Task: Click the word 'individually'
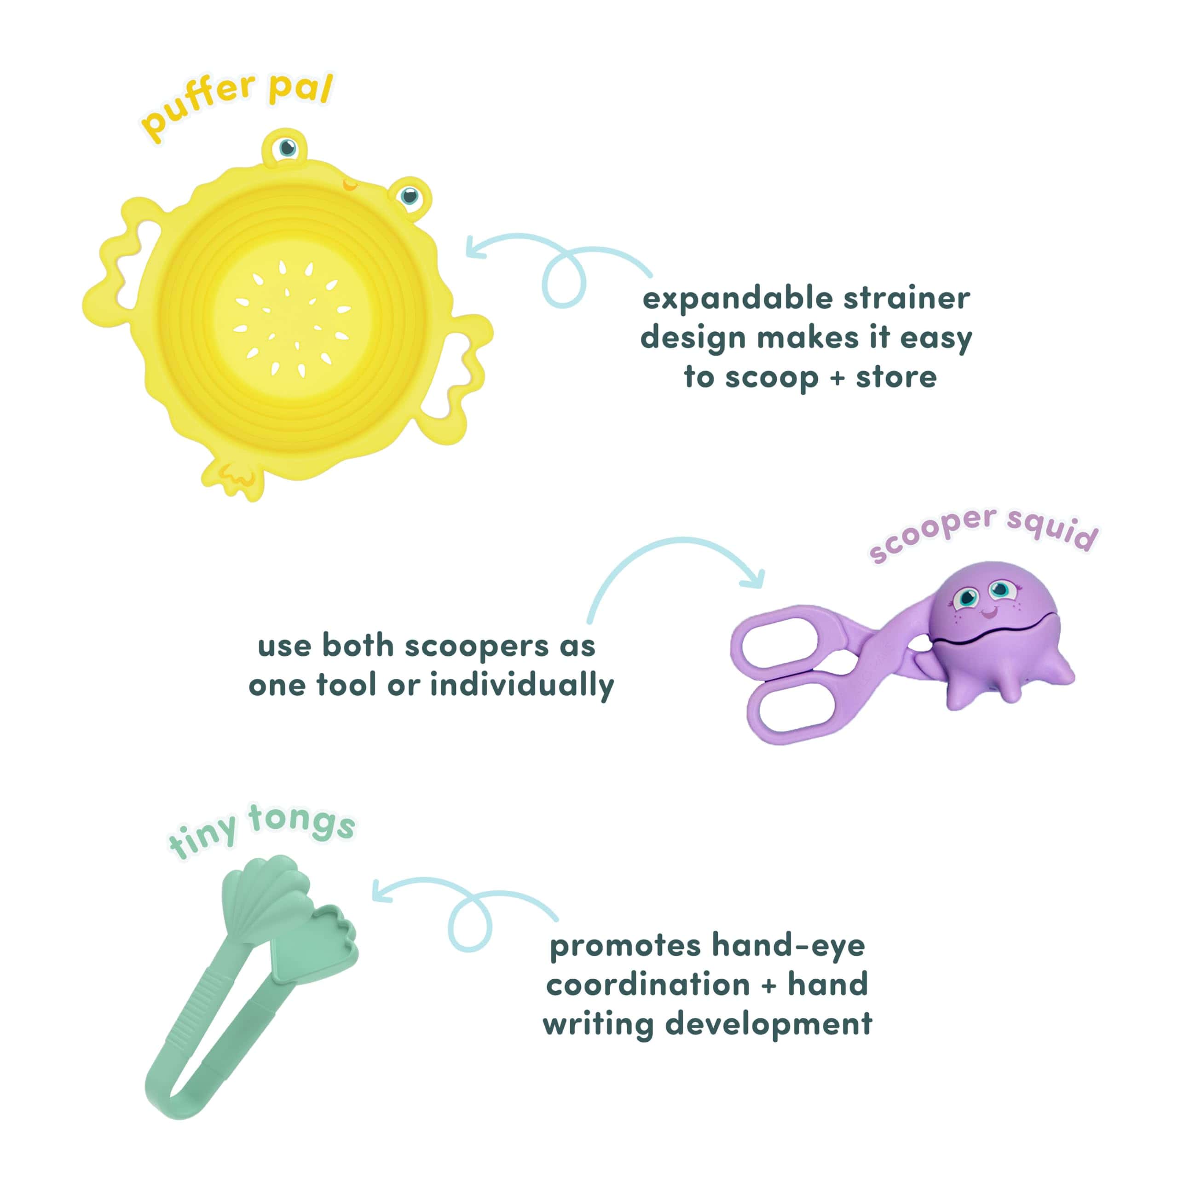[522, 685]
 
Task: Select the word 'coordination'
[647, 985]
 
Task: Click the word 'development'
[768, 1025]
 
